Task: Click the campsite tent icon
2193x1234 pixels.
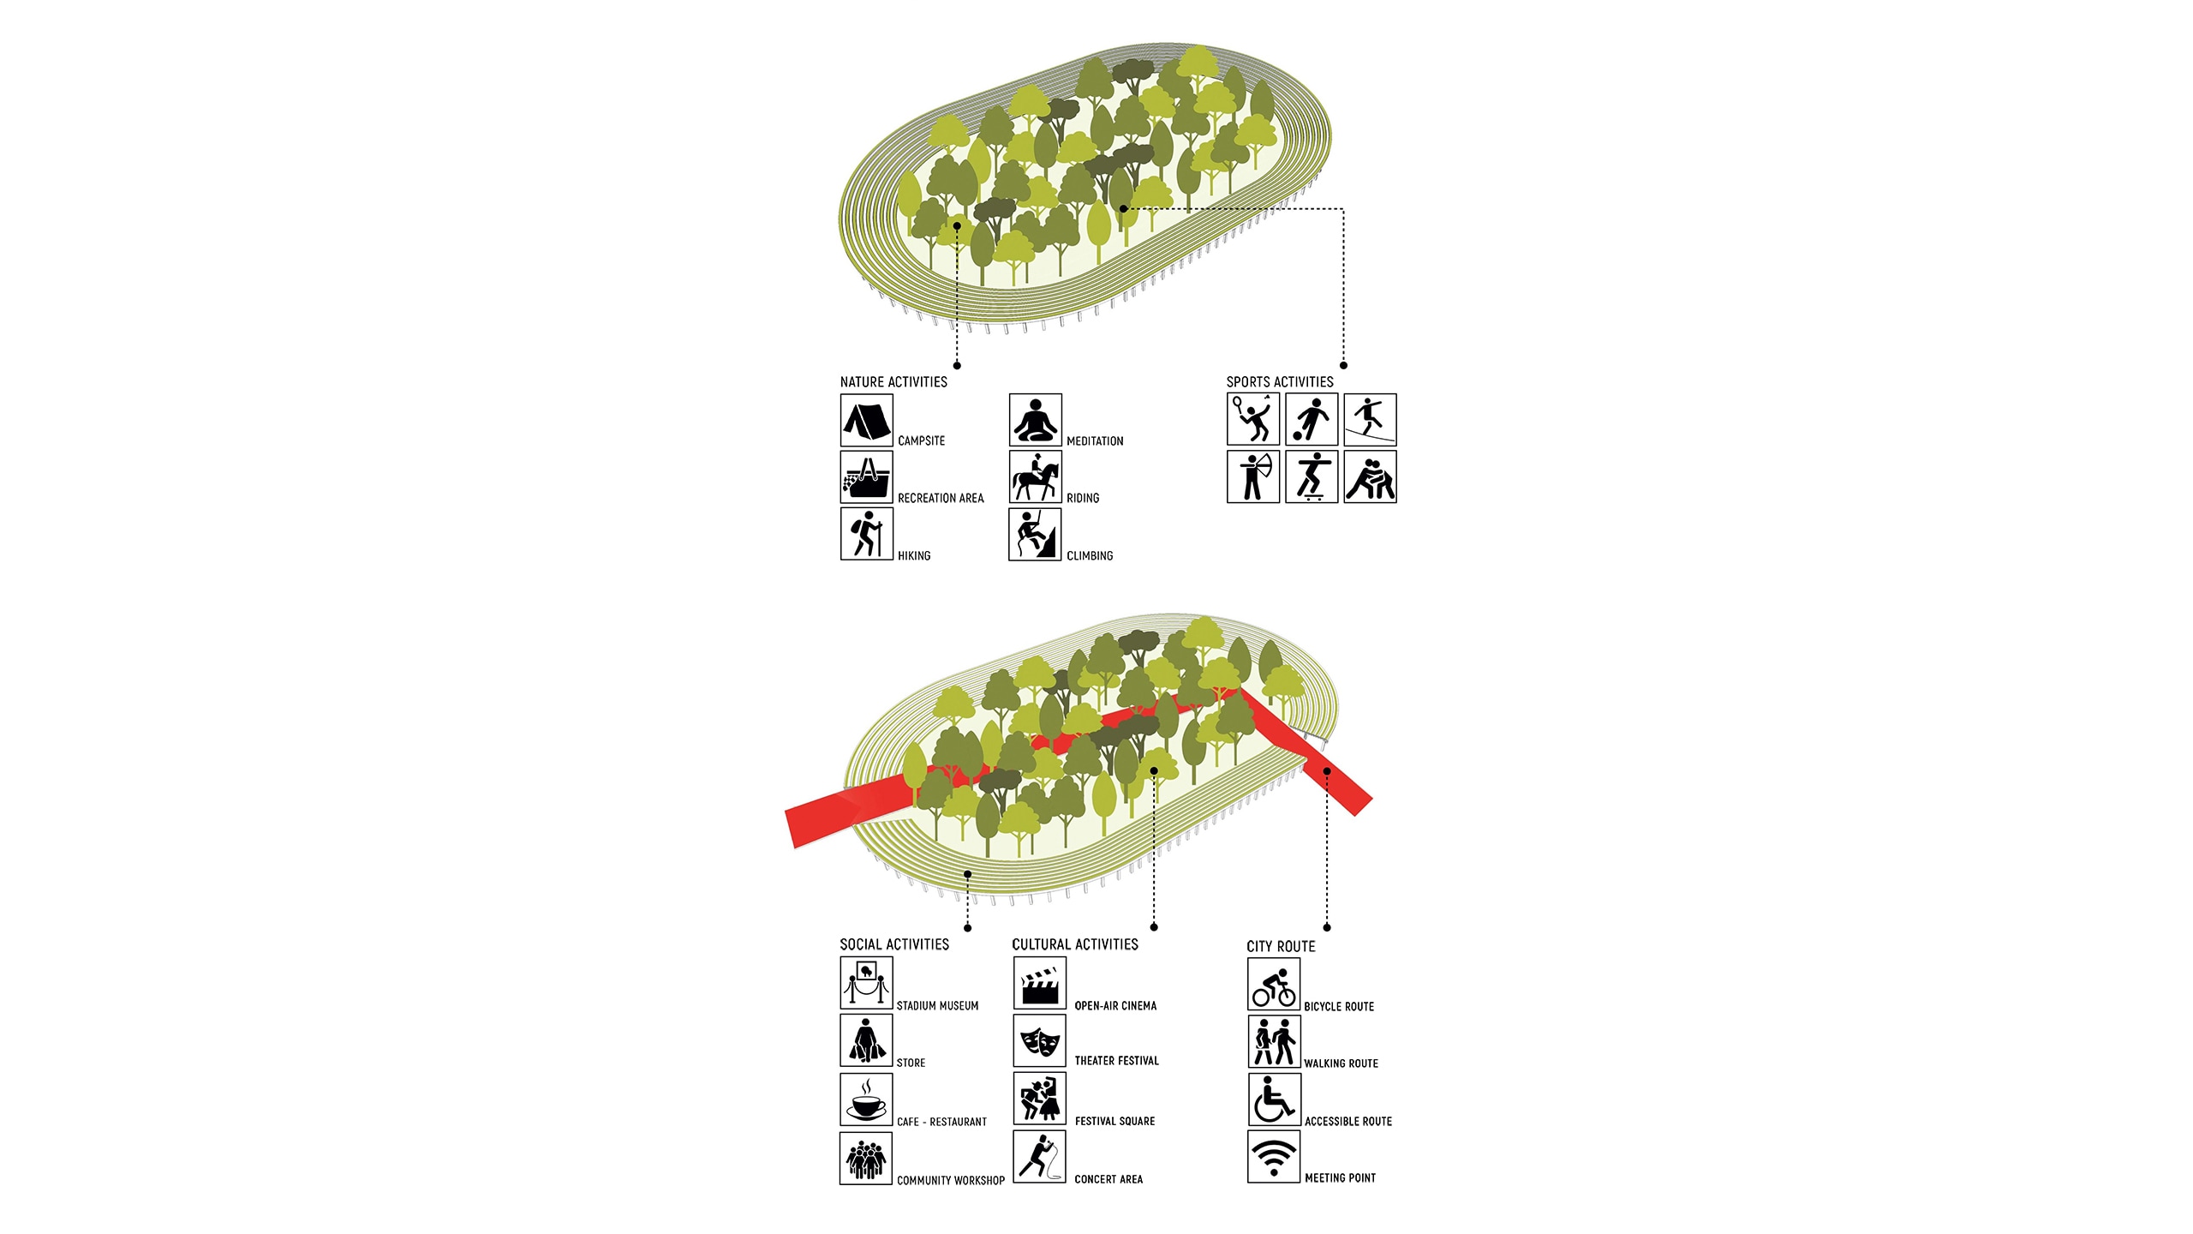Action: (867, 420)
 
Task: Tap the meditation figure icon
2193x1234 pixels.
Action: (1035, 420)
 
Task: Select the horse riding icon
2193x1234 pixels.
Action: (1035, 477)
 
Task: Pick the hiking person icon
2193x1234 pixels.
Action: (867, 534)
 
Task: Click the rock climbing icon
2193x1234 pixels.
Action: (1035, 534)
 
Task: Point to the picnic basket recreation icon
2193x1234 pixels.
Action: (867, 477)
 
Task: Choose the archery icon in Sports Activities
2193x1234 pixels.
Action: (1253, 476)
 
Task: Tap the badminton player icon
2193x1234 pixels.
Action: (1253, 419)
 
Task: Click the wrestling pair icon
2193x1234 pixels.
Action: (1370, 476)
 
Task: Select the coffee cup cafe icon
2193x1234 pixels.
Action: (866, 1099)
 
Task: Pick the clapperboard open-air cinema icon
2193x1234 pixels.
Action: (1040, 983)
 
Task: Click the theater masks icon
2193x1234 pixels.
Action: (1040, 1041)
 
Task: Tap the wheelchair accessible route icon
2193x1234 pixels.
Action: (1274, 1099)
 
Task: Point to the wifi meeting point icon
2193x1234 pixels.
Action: (1274, 1157)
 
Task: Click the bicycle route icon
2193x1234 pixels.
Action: (1274, 984)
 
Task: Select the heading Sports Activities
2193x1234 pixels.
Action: (1280, 382)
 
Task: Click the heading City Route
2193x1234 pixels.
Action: (1281, 946)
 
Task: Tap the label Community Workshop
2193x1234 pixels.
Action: (951, 1180)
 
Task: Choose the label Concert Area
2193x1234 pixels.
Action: (1108, 1179)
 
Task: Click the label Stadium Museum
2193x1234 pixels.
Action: (937, 1006)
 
